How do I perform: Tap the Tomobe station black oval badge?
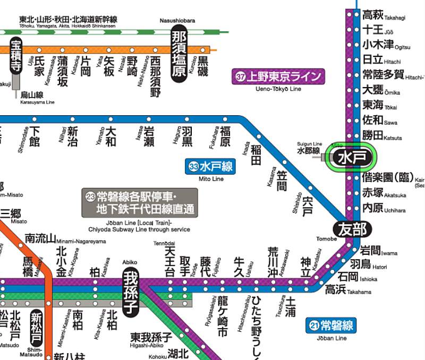tap(351, 229)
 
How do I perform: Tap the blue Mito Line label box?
tap(211, 166)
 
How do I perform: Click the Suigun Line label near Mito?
tap(309, 148)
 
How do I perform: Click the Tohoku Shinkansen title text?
tap(68, 20)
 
